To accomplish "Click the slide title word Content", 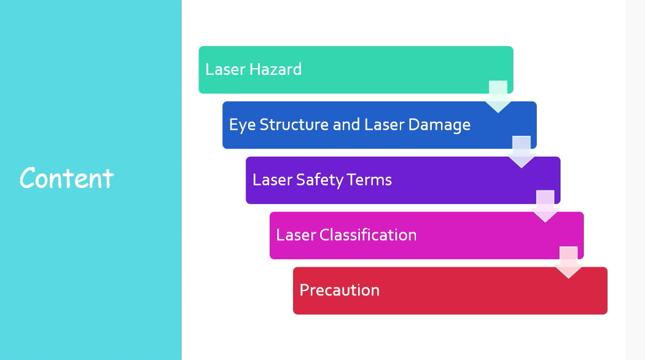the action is pyautogui.click(x=66, y=178).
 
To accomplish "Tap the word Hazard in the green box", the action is pyautogui.click(x=275, y=69).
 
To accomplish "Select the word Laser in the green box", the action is pyautogui.click(x=225, y=69).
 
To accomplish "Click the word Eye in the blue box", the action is pyautogui.click(x=242, y=125).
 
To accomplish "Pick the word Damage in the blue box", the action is pyautogui.click(x=439, y=125).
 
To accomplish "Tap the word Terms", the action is pyautogui.click(x=369, y=180).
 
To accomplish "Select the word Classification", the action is pyautogui.click(x=368, y=235).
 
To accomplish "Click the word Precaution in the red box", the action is pyautogui.click(x=339, y=290).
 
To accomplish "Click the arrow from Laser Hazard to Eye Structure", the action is pyautogui.click(x=498, y=96).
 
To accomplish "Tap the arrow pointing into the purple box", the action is pyautogui.click(x=521, y=152).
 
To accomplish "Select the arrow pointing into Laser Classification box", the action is pyautogui.click(x=545, y=206).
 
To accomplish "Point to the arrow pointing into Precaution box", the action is pyautogui.click(x=568, y=262).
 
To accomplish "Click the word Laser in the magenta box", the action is pyautogui.click(x=296, y=235).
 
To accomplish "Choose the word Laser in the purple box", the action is pyautogui.click(x=272, y=180).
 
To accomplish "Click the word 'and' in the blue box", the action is pyautogui.click(x=346, y=124).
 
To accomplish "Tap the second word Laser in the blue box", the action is pyautogui.click(x=384, y=124).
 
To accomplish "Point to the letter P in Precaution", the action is pyautogui.click(x=305, y=290).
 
